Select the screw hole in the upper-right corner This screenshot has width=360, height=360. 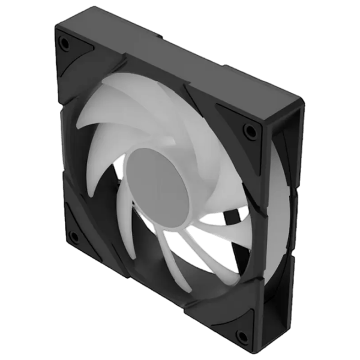point(247,128)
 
